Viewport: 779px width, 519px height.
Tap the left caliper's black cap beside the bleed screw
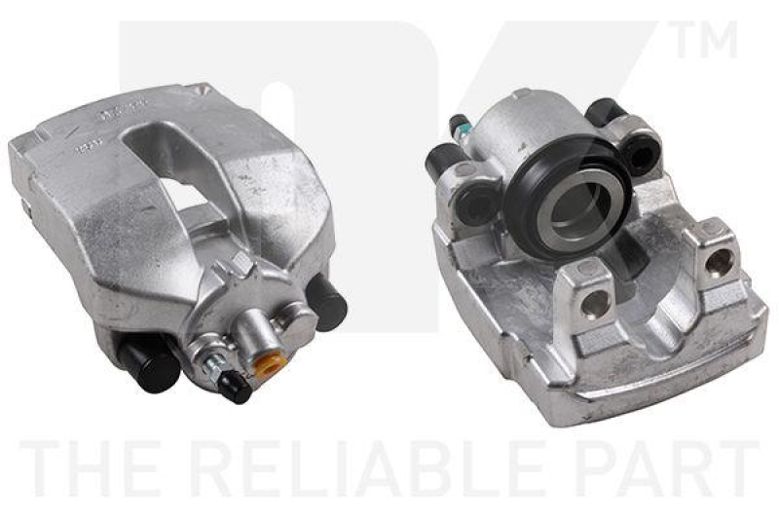click(235, 388)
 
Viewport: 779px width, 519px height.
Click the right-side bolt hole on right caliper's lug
click(720, 261)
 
